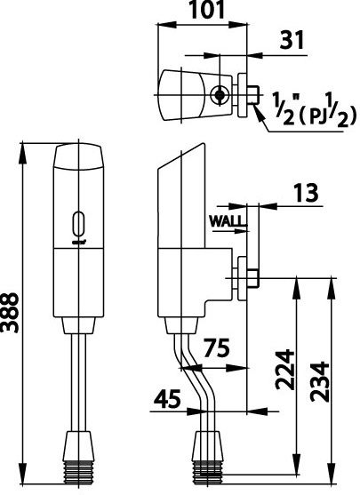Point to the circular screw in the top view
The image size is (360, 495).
(x=220, y=93)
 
